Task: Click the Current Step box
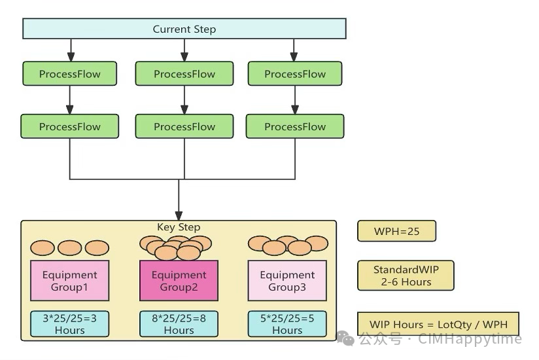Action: [184, 29]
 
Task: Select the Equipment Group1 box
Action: [69, 281]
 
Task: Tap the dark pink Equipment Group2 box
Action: [179, 281]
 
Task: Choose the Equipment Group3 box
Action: [287, 281]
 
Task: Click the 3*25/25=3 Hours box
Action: [69, 323]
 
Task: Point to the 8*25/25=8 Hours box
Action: [179, 323]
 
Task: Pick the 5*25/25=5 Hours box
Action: [287, 323]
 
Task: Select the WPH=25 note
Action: [396, 231]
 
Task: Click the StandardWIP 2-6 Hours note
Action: [406, 276]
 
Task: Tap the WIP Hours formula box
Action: [438, 324]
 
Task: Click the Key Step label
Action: [179, 227]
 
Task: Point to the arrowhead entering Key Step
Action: [179, 216]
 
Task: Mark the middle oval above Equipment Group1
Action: [69, 248]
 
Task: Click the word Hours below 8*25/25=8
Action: [179, 331]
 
